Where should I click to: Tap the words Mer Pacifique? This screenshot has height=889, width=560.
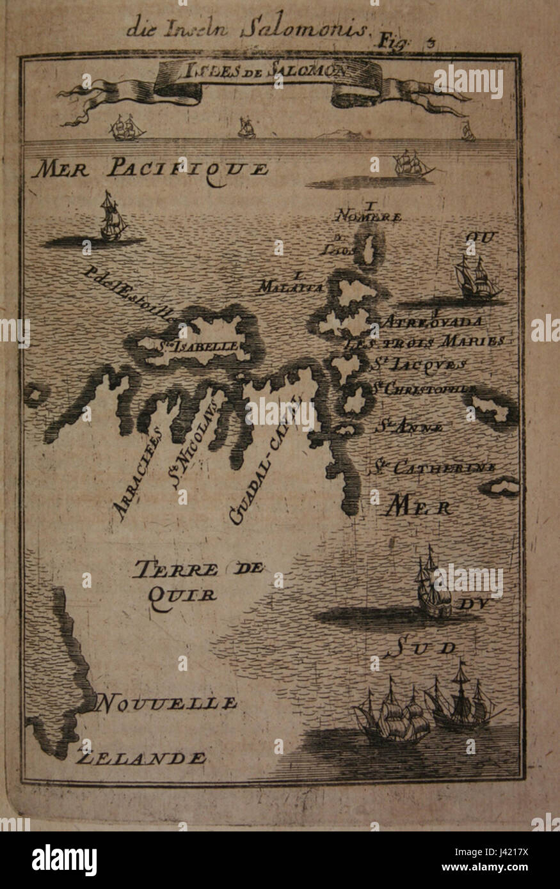click(150, 168)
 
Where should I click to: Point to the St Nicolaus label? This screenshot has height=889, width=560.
click(195, 443)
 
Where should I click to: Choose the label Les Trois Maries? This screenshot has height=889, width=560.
click(434, 342)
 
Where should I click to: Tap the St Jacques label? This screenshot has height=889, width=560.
click(419, 365)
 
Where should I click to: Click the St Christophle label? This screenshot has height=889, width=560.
click(424, 388)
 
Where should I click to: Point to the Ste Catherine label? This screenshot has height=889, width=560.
click(432, 468)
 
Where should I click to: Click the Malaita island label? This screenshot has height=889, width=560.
click(289, 287)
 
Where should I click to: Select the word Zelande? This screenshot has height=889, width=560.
click(141, 759)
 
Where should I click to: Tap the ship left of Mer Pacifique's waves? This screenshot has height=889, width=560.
click(111, 219)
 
